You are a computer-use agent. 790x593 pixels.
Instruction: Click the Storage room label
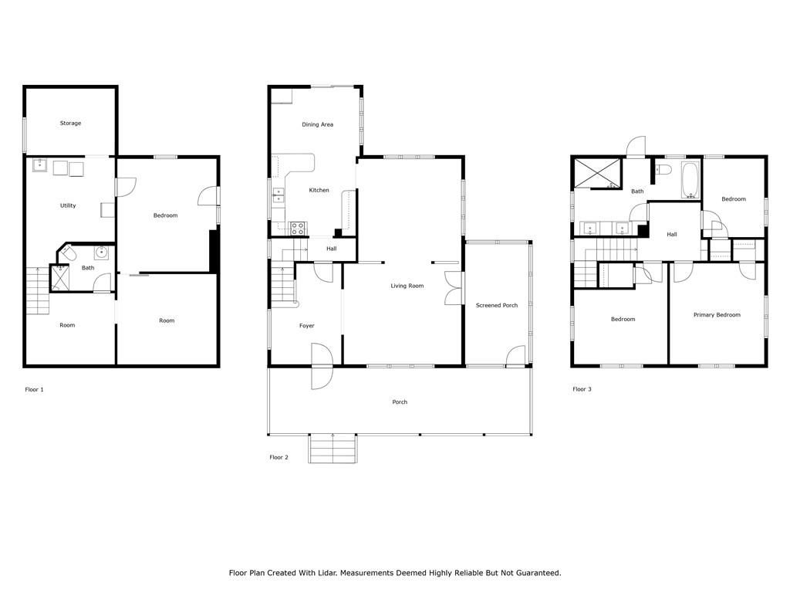pyautogui.click(x=70, y=124)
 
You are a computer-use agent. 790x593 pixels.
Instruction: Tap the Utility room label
pyautogui.click(x=68, y=205)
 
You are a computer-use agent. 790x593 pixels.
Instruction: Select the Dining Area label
pyautogui.click(x=317, y=124)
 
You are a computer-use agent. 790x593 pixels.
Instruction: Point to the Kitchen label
pyautogui.click(x=319, y=190)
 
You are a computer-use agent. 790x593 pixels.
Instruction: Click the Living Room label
pyautogui.click(x=407, y=286)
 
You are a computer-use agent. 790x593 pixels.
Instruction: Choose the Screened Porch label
pyautogui.click(x=497, y=306)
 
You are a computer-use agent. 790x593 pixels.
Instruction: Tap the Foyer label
pyautogui.click(x=306, y=326)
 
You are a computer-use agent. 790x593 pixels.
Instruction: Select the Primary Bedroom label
pyautogui.click(x=717, y=315)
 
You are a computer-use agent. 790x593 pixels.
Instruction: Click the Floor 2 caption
pyautogui.click(x=279, y=458)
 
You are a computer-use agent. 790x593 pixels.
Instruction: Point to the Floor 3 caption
pyautogui.click(x=582, y=389)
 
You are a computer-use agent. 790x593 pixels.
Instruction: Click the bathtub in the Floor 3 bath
pyautogui.click(x=690, y=181)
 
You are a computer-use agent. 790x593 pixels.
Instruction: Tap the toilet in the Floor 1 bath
pyautogui.click(x=68, y=253)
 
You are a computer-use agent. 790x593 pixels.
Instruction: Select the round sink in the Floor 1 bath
pyautogui.click(x=102, y=252)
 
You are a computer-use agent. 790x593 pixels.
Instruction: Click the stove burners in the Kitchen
pyautogui.click(x=297, y=228)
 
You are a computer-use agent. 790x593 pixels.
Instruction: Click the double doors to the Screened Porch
pyautogui.click(x=453, y=286)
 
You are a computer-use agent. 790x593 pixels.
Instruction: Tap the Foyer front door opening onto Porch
pyautogui.click(x=321, y=366)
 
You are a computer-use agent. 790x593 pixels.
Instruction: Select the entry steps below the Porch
pyautogui.click(x=333, y=449)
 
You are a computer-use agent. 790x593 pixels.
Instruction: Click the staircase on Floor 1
pyautogui.click(x=38, y=290)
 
